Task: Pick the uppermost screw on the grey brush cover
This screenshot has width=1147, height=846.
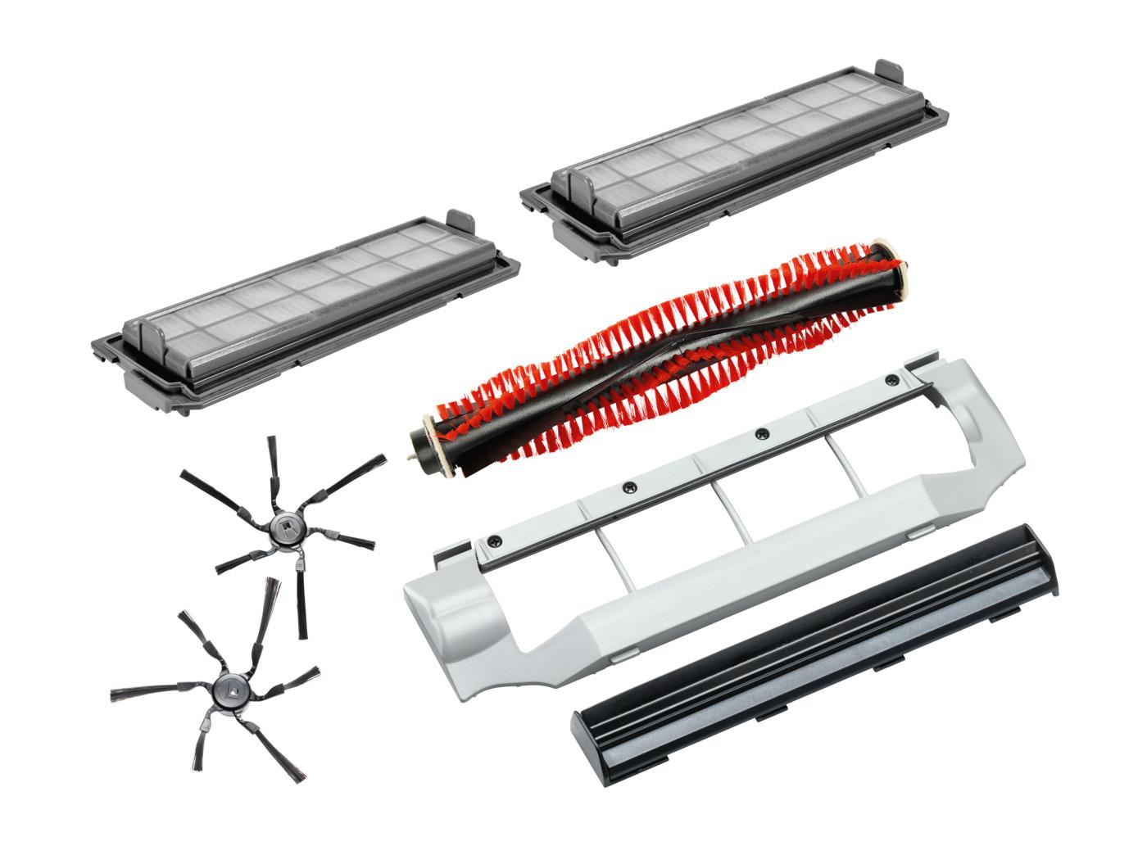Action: [x=891, y=380]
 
